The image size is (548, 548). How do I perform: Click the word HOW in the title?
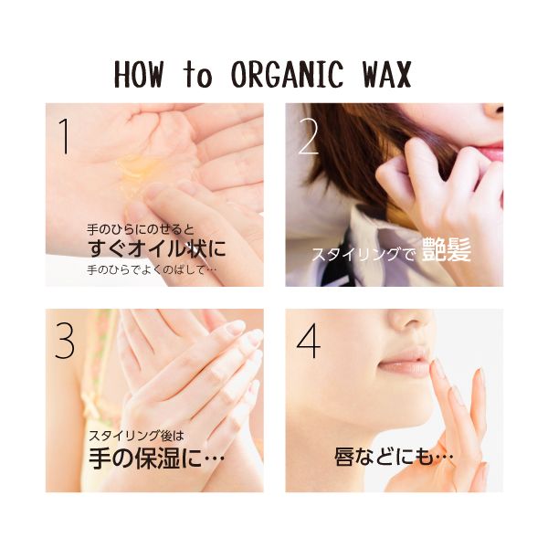(x=139, y=75)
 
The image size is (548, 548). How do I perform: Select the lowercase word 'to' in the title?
(x=197, y=75)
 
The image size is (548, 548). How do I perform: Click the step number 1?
(x=64, y=136)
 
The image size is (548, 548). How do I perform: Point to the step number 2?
(x=309, y=137)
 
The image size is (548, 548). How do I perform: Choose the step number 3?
(x=65, y=340)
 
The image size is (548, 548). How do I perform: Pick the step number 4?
(x=309, y=340)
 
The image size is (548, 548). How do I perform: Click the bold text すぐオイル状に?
(x=156, y=248)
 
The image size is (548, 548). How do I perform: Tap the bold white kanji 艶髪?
(x=447, y=249)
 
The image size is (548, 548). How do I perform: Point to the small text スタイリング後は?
(x=136, y=436)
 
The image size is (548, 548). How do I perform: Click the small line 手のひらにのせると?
(x=140, y=229)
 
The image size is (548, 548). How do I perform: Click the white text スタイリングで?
(x=364, y=254)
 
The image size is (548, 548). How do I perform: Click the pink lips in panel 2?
(x=492, y=152)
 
